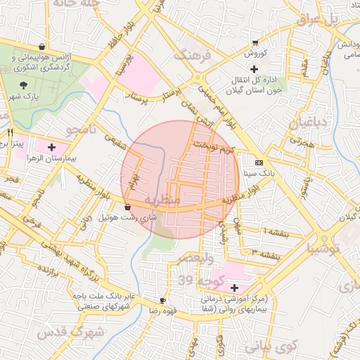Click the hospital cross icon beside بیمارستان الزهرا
(x=52, y=146)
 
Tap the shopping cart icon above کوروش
(x=255, y=43)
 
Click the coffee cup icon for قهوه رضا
(x=163, y=300)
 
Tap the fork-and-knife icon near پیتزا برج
(x=10, y=132)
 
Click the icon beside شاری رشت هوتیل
(x=127, y=207)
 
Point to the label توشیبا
(x=324, y=249)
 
